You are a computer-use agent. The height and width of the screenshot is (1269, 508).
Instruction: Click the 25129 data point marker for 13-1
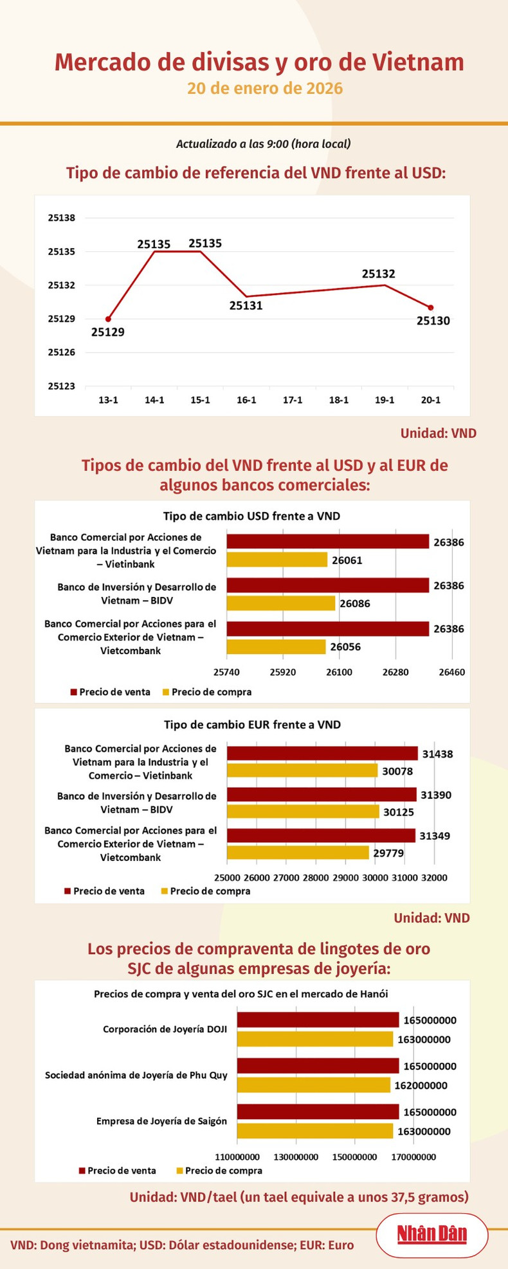(x=108, y=319)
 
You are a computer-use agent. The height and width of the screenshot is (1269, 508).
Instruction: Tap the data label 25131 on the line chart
(x=246, y=306)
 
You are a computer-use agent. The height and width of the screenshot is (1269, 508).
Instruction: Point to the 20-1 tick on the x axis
(x=431, y=400)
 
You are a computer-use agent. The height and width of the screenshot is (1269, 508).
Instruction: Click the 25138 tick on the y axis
(x=62, y=218)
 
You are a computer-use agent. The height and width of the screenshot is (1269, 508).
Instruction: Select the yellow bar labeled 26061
(x=277, y=560)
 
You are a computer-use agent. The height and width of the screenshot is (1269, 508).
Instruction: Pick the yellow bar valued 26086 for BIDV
(x=281, y=603)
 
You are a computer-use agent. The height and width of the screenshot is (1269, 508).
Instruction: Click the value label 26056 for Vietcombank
(x=345, y=647)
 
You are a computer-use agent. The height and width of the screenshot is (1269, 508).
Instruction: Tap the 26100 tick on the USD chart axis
(x=339, y=672)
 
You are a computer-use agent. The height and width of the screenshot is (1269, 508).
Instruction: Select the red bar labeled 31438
(x=322, y=754)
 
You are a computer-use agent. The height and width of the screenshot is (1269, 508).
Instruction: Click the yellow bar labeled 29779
(x=298, y=853)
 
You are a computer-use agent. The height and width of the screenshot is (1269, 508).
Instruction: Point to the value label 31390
(x=436, y=795)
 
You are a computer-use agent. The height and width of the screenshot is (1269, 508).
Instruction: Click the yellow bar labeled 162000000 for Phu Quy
(x=314, y=1085)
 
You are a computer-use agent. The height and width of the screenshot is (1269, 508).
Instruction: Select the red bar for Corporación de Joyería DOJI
(x=318, y=1020)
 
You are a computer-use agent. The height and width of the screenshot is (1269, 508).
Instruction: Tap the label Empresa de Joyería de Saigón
(x=161, y=1121)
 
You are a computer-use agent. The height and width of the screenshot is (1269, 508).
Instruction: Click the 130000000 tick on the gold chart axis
(x=296, y=1157)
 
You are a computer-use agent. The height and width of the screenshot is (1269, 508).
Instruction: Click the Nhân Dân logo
(x=431, y=1234)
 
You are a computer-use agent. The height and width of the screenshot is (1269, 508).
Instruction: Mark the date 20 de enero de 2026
(x=265, y=88)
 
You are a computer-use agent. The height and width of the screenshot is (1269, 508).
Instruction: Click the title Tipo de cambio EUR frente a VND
(x=252, y=725)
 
